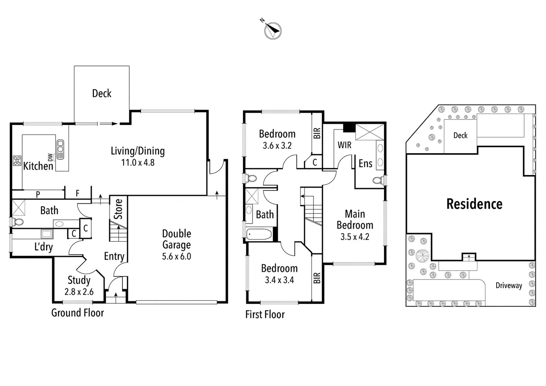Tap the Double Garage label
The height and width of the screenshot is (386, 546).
tap(177, 239)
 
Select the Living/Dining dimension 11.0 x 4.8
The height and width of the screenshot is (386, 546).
tap(138, 162)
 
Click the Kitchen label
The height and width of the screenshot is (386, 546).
tap(38, 166)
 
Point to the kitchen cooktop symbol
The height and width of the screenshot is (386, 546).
tap(17, 161)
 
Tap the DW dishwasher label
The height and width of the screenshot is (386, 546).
tap(50, 157)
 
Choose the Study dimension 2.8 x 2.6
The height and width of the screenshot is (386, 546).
tap(79, 292)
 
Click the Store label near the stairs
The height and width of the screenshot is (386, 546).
tap(118, 209)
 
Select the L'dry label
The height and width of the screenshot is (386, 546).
tap(43, 247)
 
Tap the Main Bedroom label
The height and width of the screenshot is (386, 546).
tap(355, 220)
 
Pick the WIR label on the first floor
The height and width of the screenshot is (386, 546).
tap(344, 145)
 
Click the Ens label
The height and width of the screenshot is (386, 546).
tap(365, 163)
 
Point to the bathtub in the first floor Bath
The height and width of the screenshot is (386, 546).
tap(259, 234)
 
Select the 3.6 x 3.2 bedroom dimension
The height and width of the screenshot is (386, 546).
tap(277, 146)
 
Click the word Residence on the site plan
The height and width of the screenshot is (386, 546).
tap(474, 204)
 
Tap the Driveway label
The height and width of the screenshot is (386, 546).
tap(509, 286)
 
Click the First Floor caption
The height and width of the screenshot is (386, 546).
tap(265, 314)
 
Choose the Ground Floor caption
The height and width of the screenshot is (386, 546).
tap(78, 313)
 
